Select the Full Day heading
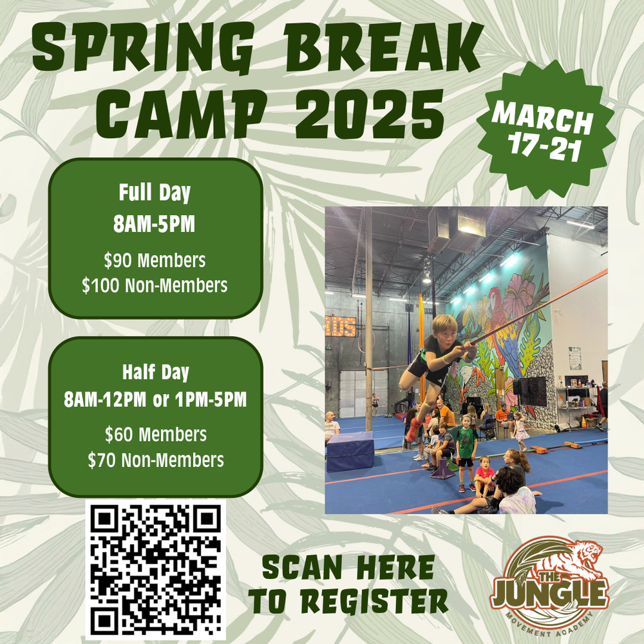pos(154,193)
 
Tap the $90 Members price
pos(155,261)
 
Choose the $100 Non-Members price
pos(155,285)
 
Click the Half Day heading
pos(154,373)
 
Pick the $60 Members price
pos(155,435)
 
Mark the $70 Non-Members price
pos(155,460)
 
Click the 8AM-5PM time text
pos(154,225)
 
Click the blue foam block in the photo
pos(350,451)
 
